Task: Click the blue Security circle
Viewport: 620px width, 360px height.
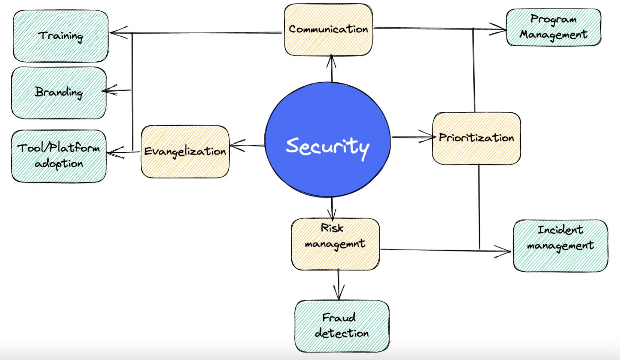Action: pyautogui.click(x=327, y=139)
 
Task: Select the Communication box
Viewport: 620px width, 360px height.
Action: pyautogui.click(x=328, y=30)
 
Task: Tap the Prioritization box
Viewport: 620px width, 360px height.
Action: pyautogui.click(x=476, y=138)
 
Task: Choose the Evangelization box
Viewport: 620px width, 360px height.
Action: pyautogui.click(x=185, y=152)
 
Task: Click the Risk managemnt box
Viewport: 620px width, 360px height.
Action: pyautogui.click(x=335, y=244)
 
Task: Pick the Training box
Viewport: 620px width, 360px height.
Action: pyautogui.click(x=61, y=36)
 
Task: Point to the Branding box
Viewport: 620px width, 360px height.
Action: pyautogui.click(x=59, y=93)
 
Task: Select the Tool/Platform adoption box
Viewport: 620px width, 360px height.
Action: pyautogui.click(x=59, y=156)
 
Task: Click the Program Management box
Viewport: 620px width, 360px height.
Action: pyautogui.click(x=553, y=27)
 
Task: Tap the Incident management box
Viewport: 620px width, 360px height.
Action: pyautogui.click(x=560, y=245)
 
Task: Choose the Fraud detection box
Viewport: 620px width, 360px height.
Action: pyautogui.click(x=341, y=326)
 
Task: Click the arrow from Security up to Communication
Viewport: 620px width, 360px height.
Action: pyautogui.click(x=331, y=69)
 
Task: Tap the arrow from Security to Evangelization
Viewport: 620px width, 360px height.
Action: pyautogui.click(x=247, y=145)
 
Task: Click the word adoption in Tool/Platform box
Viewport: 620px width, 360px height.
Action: pyautogui.click(x=59, y=164)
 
